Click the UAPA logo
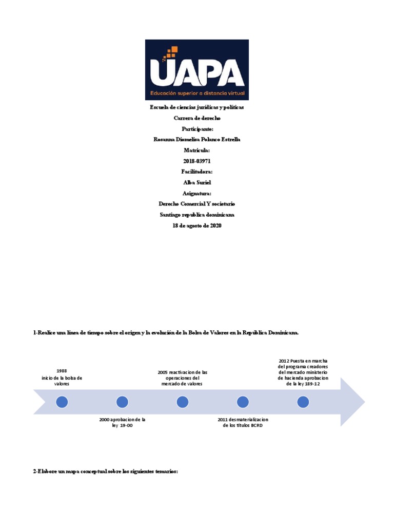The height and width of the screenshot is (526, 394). click(x=197, y=70)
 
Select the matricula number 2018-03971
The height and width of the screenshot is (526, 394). click(x=197, y=161)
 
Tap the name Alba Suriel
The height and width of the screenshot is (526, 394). click(x=197, y=182)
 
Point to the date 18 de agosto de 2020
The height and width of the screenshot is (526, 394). click(x=197, y=226)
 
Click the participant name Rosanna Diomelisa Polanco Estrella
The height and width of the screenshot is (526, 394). click(x=197, y=139)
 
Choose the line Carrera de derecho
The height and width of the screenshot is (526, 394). click(x=197, y=118)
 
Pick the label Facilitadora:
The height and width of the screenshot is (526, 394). click(x=197, y=172)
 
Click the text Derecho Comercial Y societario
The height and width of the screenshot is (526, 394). click(x=197, y=204)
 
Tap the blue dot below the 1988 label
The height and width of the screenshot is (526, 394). click(x=62, y=402)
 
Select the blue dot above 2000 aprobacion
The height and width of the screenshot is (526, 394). click(x=122, y=402)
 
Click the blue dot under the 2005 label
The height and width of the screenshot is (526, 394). click(x=182, y=402)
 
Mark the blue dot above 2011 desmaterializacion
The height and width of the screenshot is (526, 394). click(x=243, y=402)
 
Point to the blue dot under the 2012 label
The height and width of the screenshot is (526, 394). click(x=303, y=402)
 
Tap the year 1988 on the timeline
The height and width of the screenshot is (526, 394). click(x=62, y=371)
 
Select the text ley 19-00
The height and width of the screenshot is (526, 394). click(x=122, y=426)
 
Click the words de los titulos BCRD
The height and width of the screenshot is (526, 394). click(x=243, y=426)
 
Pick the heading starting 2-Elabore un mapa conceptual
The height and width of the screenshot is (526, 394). click(x=105, y=472)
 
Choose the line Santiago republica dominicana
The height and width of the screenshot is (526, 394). click(x=197, y=215)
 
